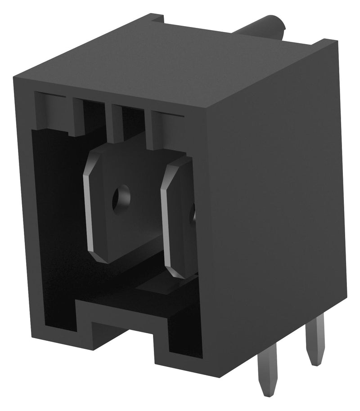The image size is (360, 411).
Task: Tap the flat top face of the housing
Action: pyautogui.click(x=171, y=58)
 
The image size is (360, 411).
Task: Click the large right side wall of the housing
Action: pyautogui.click(x=274, y=202)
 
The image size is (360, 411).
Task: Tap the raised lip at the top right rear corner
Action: pyautogui.click(x=326, y=45)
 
